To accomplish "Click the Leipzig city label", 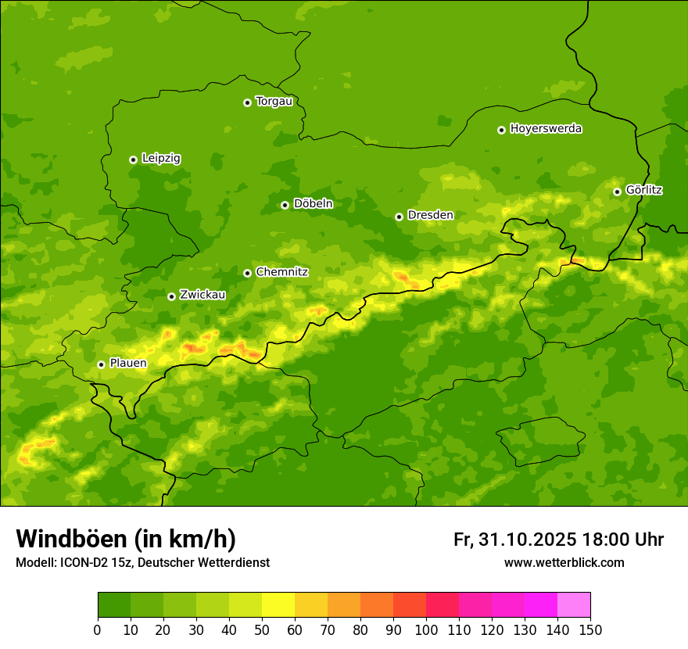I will [161, 159].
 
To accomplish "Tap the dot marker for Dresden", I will [399, 217].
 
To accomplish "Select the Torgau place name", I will [274, 102].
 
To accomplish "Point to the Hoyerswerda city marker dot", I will [501, 130].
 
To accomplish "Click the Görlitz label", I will [643, 190].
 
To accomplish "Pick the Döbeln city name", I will [313, 204].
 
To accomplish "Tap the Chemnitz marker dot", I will [247, 273].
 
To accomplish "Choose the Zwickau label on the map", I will [202, 295].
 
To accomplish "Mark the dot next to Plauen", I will [101, 364].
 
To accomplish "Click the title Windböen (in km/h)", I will [126, 540].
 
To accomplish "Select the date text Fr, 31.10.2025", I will [514, 540].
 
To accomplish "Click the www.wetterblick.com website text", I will [564, 563].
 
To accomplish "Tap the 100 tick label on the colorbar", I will [426, 630].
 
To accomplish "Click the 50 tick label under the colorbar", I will [262, 630].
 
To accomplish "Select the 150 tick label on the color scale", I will [590, 630].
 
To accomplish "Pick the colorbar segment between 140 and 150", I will [574, 605].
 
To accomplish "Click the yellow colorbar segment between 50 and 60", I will [278, 605].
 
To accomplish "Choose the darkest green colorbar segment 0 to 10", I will [114, 605].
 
